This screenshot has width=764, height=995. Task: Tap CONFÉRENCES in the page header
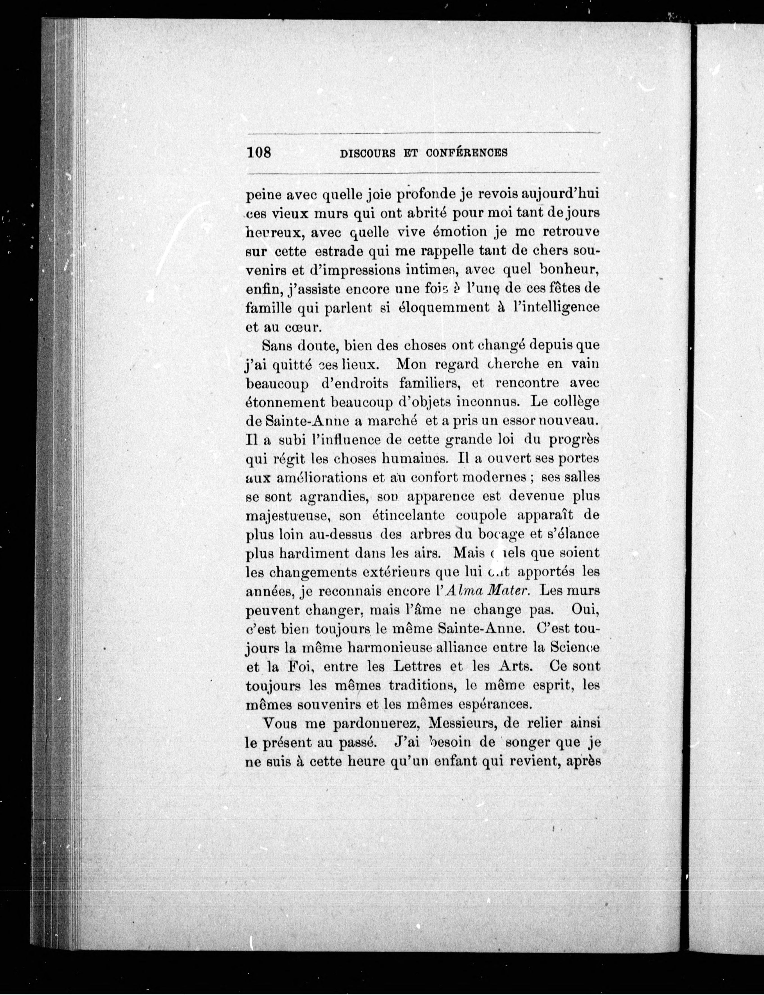pos(467,153)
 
